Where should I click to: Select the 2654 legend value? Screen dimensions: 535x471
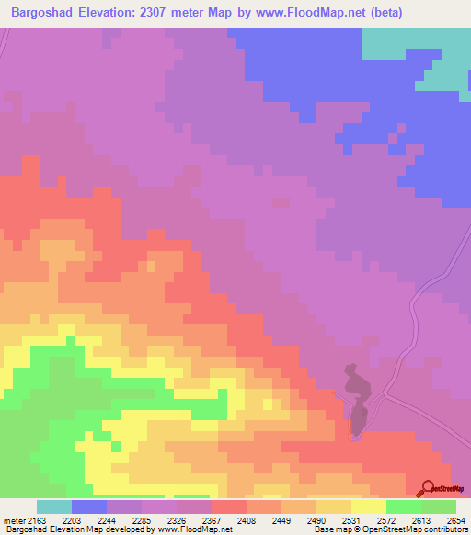point(457,521)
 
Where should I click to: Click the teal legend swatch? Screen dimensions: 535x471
point(54,507)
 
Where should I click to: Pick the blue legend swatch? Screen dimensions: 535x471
point(89,507)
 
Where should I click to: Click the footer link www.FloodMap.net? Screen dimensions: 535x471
point(195,530)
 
